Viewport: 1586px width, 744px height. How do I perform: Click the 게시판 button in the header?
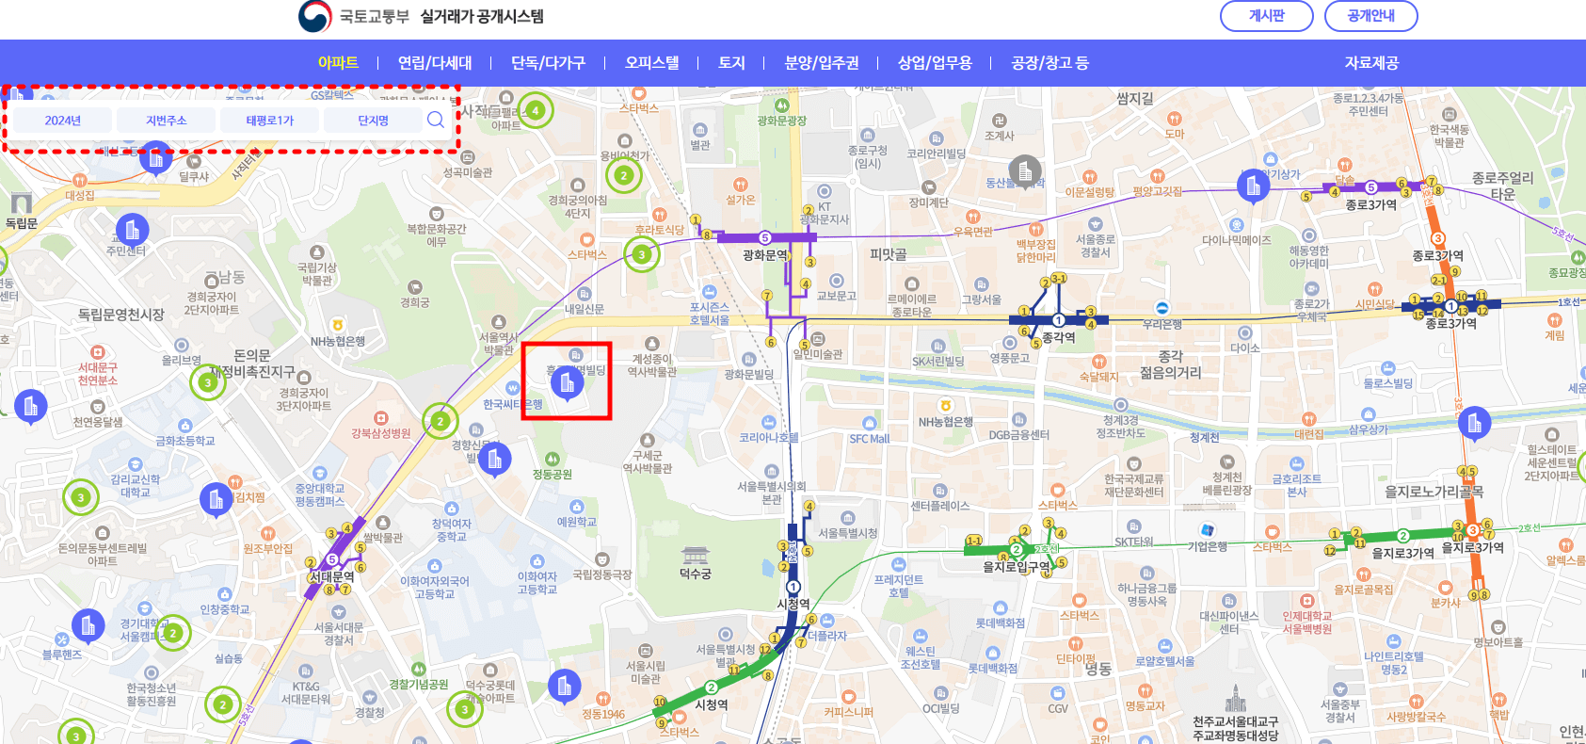pyautogui.click(x=1266, y=16)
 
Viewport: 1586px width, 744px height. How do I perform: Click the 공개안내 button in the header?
pyautogui.click(x=1370, y=16)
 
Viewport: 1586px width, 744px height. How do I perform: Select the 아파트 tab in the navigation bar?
pyautogui.click(x=338, y=63)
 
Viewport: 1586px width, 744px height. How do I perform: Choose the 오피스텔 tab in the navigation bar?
pyautogui.click(x=651, y=63)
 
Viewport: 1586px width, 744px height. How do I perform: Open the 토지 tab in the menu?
pyautogui.click(x=731, y=63)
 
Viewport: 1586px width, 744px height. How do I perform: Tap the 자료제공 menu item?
pyautogui.click(x=1371, y=63)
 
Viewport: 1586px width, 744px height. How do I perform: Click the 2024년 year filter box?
pyautogui.click(x=62, y=121)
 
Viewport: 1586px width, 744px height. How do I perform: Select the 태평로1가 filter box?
pyautogui.click(x=270, y=121)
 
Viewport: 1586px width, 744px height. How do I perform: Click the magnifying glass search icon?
pyautogui.click(x=435, y=120)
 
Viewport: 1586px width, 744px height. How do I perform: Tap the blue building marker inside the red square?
pyautogui.click(x=567, y=383)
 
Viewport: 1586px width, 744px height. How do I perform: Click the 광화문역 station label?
pyautogui.click(x=765, y=255)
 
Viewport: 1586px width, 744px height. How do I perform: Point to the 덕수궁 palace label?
pyautogui.click(x=695, y=574)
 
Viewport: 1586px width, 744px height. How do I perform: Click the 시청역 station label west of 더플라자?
pyautogui.click(x=793, y=604)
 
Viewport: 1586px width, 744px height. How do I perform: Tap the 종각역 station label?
pyautogui.click(x=1058, y=337)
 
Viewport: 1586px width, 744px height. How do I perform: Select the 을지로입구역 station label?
pyautogui.click(x=1017, y=567)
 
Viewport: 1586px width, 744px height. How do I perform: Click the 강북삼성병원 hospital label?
pyautogui.click(x=381, y=433)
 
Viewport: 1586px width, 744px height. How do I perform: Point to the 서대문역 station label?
pyautogui.click(x=332, y=576)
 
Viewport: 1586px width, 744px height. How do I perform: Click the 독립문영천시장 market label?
pyautogui.click(x=120, y=315)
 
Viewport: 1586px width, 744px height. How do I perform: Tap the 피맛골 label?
pyautogui.click(x=888, y=254)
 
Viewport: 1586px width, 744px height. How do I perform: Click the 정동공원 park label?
pyautogui.click(x=553, y=475)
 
